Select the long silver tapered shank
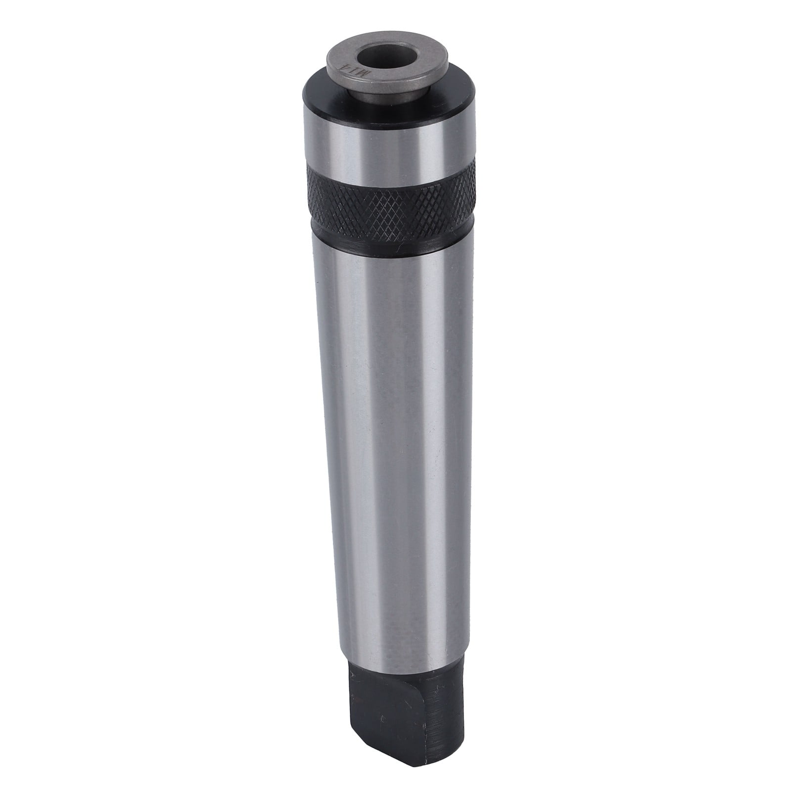pos(396,445)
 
